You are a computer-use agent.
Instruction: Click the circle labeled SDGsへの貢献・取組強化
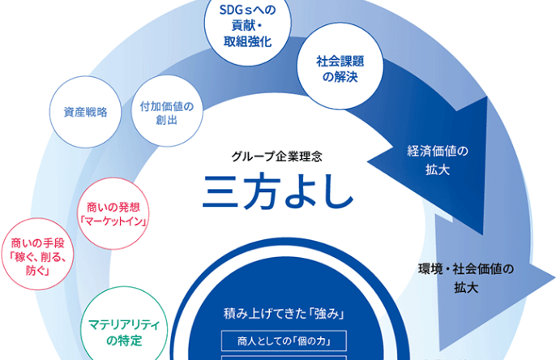[x=248, y=25]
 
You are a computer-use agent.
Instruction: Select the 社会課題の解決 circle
[x=340, y=66]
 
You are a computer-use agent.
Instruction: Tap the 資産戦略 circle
[x=85, y=112]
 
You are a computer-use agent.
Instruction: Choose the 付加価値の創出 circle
[x=167, y=110]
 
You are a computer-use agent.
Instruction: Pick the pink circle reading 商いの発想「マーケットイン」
[x=113, y=213]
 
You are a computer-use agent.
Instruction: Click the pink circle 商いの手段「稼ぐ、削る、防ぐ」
[x=37, y=254]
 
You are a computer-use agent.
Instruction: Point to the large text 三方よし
[x=278, y=191]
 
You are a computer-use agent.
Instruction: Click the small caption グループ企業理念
[x=277, y=156]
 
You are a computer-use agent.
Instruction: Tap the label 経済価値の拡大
[x=438, y=161]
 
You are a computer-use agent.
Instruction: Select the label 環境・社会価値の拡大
[x=466, y=278]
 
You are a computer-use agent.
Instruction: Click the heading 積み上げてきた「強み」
[x=284, y=314]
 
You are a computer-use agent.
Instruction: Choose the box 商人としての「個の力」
[x=284, y=341]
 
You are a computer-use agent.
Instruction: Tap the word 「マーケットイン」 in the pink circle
[x=113, y=221]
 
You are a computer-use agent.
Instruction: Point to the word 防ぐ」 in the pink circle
[x=37, y=271]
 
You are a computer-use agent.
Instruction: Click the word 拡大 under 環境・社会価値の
[x=466, y=287]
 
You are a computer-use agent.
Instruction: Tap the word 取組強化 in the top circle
[x=248, y=41]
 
